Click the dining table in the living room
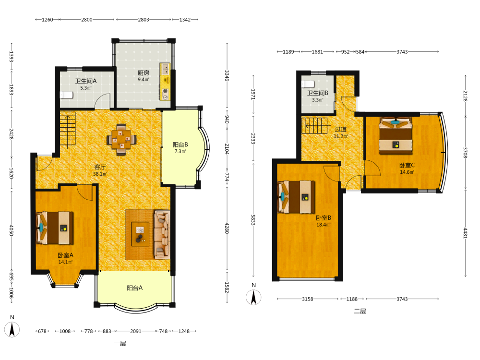pos(121,140)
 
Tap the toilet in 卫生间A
pos(66,95)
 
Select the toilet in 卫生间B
pos(308,84)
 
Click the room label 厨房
pos(143,73)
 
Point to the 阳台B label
pos(180,144)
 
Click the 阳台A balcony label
pos(135,288)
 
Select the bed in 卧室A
pos(55,228)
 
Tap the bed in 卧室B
pos(296,197)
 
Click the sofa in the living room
pos(162,234)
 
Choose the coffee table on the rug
pos(140,234)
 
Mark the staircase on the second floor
pos(314,125)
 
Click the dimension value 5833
pos(253,220)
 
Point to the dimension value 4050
pos(12,230)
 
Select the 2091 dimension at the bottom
pos(136,331)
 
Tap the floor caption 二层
pos(360,312)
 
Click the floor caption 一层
pos(120,344)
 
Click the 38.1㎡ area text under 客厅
pos(100,174)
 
